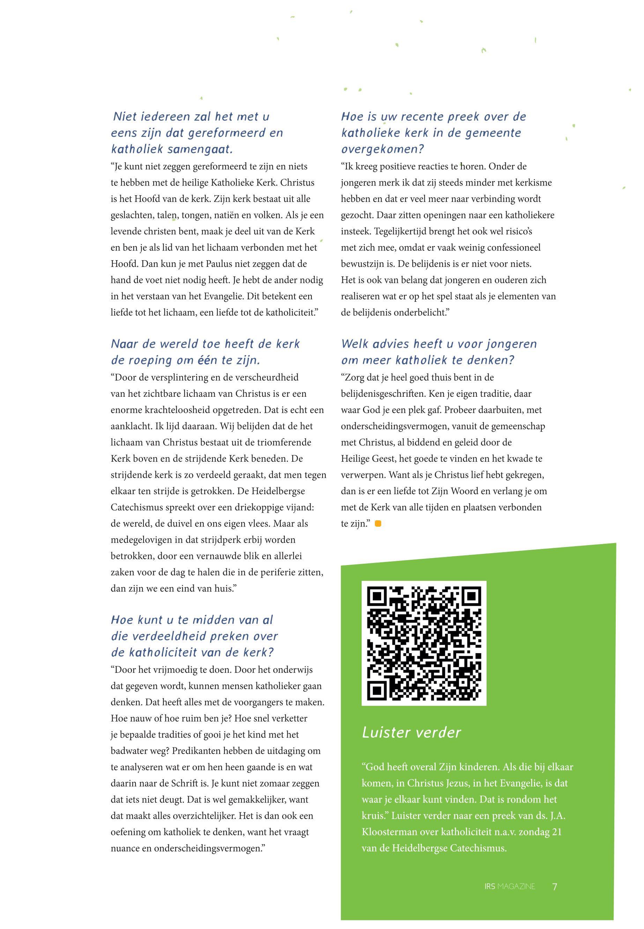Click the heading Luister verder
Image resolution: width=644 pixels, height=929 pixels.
tap(411, 732)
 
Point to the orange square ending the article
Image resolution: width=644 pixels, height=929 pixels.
tap(378, 524)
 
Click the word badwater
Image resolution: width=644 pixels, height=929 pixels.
tap(129, 751)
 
